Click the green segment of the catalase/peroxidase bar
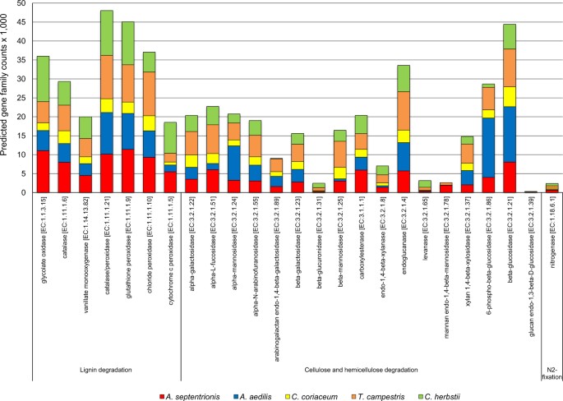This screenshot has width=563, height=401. point(106,33)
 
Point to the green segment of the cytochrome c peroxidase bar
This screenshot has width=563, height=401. point(170,137)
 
